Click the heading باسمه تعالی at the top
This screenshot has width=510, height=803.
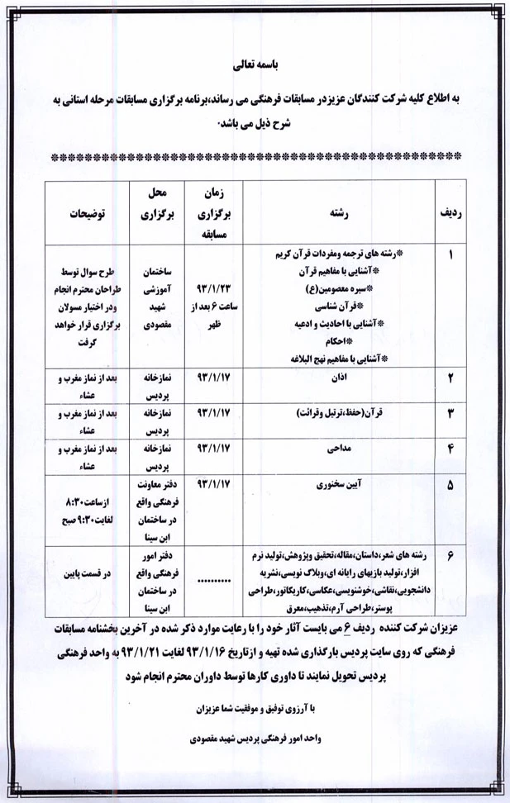coord(254,63)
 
